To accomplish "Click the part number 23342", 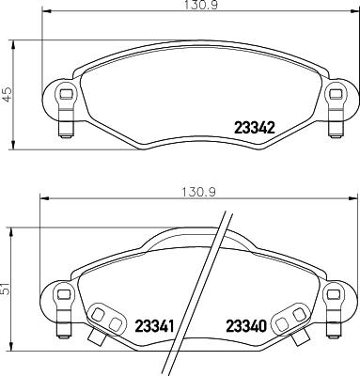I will [253, 128].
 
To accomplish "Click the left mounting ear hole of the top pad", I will [64, 93].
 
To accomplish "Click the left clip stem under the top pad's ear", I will [65, 121].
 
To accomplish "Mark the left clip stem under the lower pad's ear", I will [65, 321].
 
